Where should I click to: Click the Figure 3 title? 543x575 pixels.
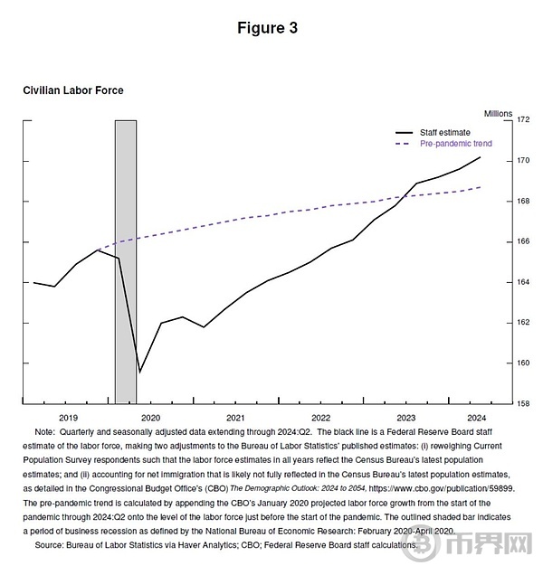267,28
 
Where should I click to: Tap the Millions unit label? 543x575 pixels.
498,113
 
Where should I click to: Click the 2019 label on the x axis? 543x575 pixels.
68,418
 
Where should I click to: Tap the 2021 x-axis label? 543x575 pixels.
236,418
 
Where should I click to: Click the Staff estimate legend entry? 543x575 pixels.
444,133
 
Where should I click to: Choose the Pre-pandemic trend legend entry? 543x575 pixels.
456,144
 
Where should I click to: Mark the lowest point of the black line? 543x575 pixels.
139,372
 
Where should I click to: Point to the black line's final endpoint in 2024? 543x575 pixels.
481,157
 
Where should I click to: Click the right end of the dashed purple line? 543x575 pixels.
481,187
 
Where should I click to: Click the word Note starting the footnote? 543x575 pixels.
44,433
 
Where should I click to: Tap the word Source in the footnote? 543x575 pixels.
50,546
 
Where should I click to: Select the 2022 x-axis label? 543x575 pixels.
320,418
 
